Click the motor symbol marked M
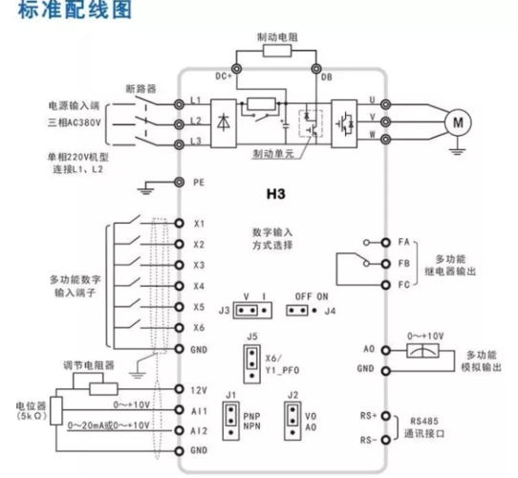pos(456,120)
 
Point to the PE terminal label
pos(198,181)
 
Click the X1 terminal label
pos(199,224)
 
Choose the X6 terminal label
pos(199,328)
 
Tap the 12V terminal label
pos(200,390)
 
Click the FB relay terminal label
pos(402,263)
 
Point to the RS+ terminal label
pos(367,416)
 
